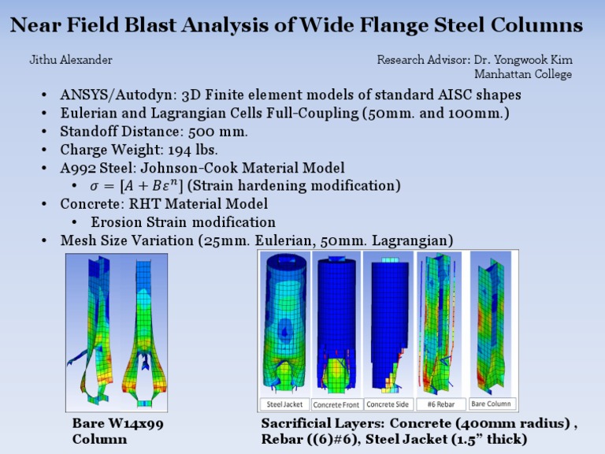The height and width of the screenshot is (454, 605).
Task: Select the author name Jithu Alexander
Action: pos(71,60)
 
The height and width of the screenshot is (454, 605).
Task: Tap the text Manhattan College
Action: pos(522,75)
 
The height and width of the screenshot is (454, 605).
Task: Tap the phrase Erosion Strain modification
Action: pos(183,222)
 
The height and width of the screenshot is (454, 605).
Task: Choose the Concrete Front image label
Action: pos(336,404)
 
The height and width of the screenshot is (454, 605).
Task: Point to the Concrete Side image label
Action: pos(388,404)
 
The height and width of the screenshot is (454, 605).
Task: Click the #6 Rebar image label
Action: pos(441,404)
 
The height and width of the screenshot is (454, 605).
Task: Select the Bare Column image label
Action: pos(492,404)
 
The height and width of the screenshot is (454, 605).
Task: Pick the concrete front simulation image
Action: pos(336,323)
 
